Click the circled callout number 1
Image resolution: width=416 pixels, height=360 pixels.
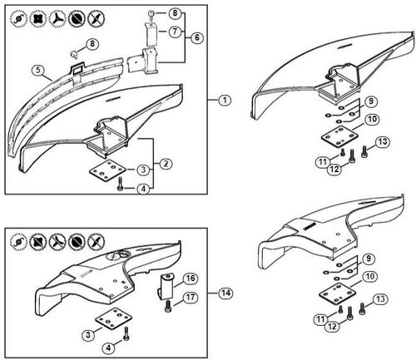click(x=225, y=100)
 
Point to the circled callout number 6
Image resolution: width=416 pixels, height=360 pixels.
click(x=196, y=38)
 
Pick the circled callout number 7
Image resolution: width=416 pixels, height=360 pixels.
click(x=174, y=32)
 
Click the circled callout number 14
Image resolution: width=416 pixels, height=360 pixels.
click(x=225, y=293)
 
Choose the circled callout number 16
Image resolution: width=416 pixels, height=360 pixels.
click(x=191, y=278)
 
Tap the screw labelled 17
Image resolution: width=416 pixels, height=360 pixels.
click(x=170, y=306)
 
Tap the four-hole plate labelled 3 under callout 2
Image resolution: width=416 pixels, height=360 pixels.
click(x=106, y=170)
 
